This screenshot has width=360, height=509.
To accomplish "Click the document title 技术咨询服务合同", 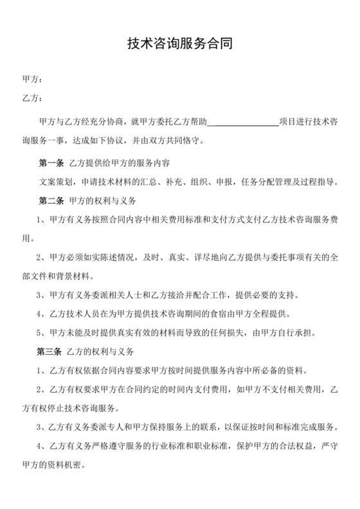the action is [179, 44].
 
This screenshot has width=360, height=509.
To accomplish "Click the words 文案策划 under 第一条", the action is [55, 182].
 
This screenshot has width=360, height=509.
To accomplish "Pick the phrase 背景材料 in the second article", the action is [76, 276].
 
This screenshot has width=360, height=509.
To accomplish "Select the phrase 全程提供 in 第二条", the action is [270, 314].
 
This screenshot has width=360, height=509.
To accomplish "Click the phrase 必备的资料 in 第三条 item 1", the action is [291, 371].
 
